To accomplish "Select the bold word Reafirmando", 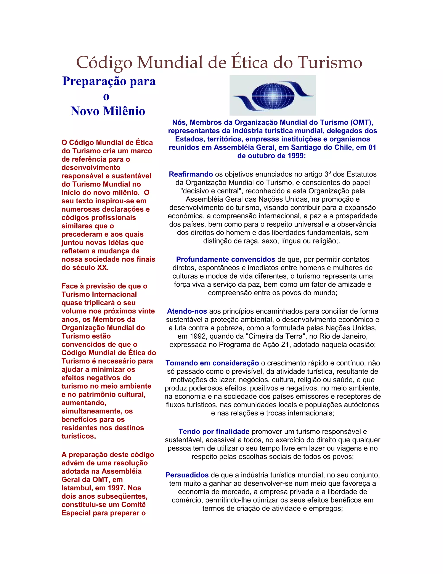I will (191, 174).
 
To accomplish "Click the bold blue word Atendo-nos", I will (187, 311).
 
